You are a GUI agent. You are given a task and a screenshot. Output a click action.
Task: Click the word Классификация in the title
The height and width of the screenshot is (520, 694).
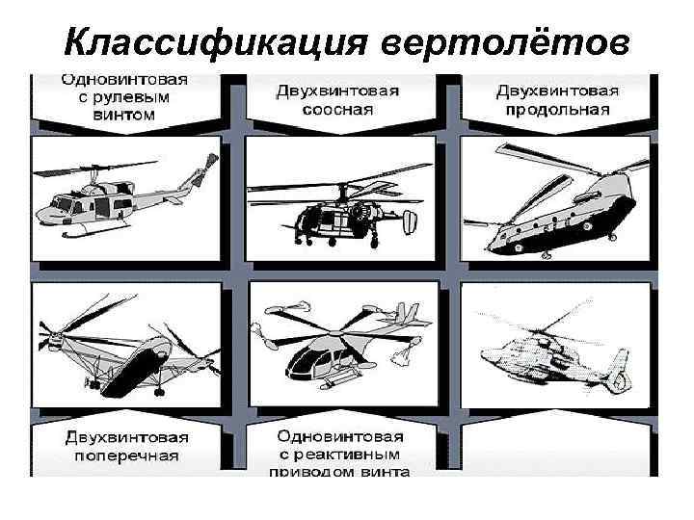click(x=216, y=43)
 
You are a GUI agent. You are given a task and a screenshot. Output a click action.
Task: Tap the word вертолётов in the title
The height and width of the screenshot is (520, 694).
click(x=505, y=42)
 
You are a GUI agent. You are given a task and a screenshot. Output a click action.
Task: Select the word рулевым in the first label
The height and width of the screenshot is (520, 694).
click(x=137, y=97)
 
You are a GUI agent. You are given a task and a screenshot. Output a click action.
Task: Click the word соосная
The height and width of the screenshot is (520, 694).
click(x=337, y=109)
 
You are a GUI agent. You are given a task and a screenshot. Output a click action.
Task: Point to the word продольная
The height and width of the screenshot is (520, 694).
click(x=558, y=109)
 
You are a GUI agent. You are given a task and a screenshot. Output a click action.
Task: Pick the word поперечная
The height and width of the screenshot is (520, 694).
click(x=126, y=455)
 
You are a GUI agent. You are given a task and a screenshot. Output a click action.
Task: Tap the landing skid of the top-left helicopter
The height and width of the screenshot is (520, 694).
click(x=95, y=230)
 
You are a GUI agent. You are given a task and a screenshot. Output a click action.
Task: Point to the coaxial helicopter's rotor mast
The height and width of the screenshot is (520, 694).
click(x=341, y=194)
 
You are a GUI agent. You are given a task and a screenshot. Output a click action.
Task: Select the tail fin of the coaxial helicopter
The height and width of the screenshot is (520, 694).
click(x=410, y=222)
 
